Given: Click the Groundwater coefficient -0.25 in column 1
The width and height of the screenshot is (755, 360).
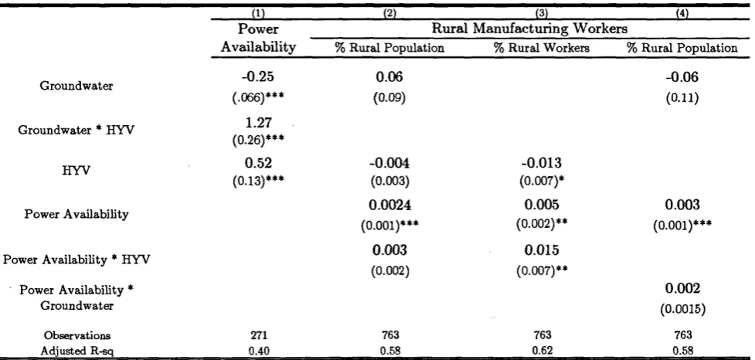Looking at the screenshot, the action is pos(259,77).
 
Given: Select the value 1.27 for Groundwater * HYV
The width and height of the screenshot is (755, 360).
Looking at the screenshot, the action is pos(259,123).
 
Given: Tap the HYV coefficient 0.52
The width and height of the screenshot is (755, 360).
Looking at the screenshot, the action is pos(259,163).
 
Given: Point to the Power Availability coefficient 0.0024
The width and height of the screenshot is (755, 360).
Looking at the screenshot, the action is pos(390,205).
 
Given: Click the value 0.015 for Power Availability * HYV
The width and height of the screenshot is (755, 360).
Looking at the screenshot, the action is pos(542,250).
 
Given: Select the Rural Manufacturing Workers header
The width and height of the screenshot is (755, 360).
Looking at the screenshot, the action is pos(529,29).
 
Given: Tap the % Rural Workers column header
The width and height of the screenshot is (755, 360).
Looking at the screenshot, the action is pos(542,48).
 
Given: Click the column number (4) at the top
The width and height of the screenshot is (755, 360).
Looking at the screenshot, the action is pos(682,14).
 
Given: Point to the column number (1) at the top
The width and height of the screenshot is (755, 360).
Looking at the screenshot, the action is pos(259,14).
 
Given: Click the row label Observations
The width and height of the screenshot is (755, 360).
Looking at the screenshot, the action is pos(77,335).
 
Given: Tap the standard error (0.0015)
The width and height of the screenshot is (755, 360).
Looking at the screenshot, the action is pos(682,310).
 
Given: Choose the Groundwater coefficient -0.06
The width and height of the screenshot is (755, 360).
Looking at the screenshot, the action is pos(682,77).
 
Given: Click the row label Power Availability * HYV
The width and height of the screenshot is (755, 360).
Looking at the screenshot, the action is pos(77,260).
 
